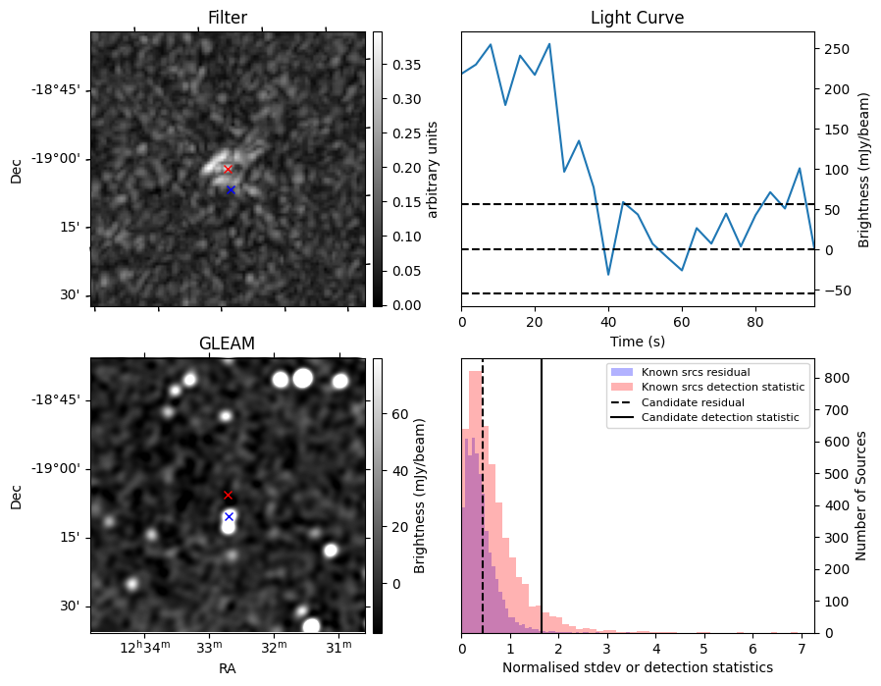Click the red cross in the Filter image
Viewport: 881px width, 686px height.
point(228,169)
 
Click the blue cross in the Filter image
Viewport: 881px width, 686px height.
point(231,189)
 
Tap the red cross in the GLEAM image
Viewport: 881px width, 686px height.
point(228,495)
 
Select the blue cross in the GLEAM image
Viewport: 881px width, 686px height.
point(229,516)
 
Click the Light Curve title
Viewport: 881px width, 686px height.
point(637,18)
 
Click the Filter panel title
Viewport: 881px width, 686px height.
point(228,18)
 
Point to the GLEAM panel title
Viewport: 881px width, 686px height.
point(228,343)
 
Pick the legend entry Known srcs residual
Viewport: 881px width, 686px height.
point(696,372)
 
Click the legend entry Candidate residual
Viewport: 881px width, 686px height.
point(693,402)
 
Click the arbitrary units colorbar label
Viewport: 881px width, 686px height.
point(432,169)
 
